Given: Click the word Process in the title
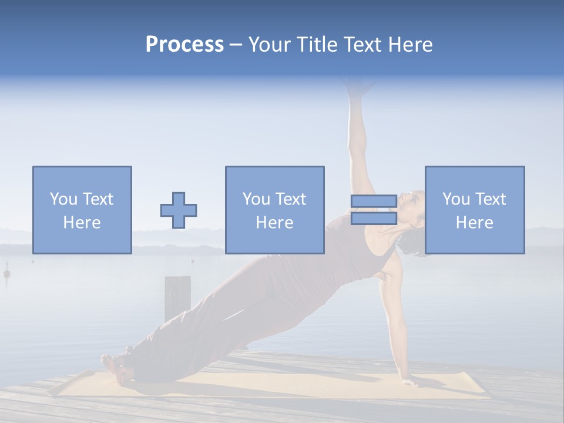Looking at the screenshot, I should (x=184, y=45).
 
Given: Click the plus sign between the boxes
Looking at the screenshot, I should (x=179, y=210).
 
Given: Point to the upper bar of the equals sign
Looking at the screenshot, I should (x=374, y=202).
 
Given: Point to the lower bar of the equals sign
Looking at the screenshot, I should (x=374, y=219).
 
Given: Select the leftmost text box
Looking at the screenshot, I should (x=82, y=210).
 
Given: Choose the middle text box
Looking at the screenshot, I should (x=274, y=210).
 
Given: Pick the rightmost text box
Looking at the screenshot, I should (x=474, y=210).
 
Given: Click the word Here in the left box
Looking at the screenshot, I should (x=82, y=223).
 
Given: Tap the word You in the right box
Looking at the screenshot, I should (x=456, y=199).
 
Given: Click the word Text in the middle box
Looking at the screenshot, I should (x=291, y=199).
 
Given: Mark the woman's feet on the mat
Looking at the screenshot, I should (x=115, y=364).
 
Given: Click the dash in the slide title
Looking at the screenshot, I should (x=236, y=45).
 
